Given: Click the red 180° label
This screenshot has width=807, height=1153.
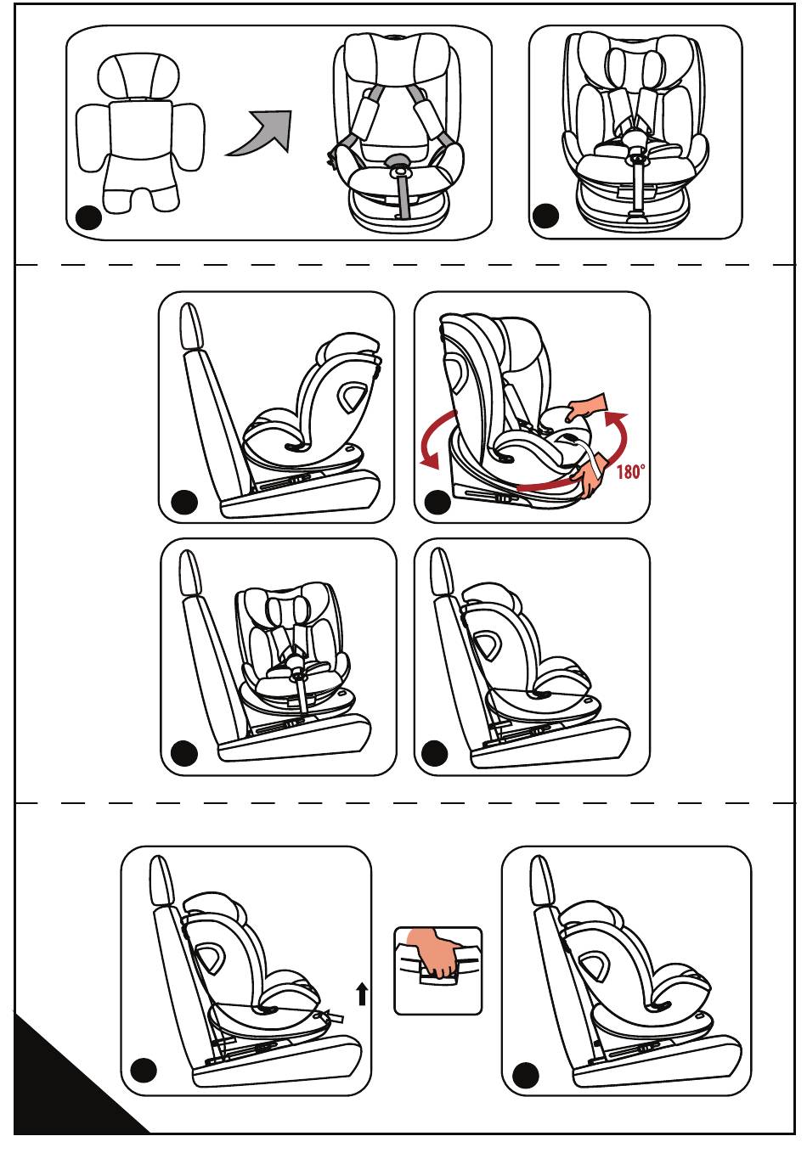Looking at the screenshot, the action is [629, 471].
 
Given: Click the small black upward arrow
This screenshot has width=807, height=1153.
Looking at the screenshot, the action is [362, 993].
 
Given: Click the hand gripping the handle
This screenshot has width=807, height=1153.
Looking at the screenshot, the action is [436, 953].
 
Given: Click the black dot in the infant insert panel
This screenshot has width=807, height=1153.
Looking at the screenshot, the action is [88, 218].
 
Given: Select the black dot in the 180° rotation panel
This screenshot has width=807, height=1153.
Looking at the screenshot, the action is [437, 502].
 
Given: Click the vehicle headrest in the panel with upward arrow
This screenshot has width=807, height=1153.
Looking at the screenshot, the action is [158, 880].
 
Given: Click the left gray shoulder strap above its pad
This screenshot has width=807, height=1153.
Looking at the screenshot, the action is [371, 93].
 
